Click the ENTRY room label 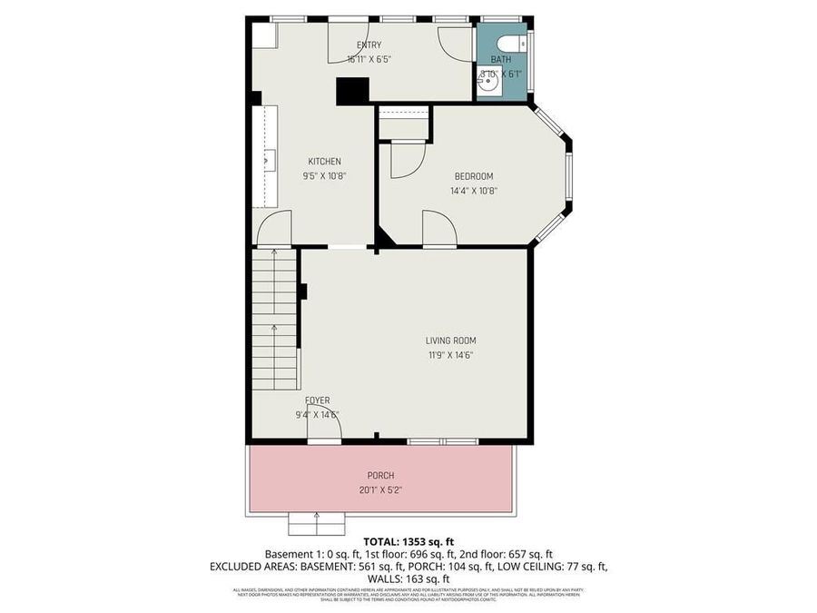coord(369,44)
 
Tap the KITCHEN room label coord(324,162)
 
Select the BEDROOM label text coord(473,176)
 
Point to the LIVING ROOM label coord(450,341)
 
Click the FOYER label coord(317,400)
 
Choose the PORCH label coord(380,475)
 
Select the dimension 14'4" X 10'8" coord(473,191)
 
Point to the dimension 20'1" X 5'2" coord(380,489)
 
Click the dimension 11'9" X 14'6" coord(450,355)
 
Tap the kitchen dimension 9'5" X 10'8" coord(324,176)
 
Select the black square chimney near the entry coord(352,91)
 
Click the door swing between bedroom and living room coord(438,229)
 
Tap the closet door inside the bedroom coord(406,159)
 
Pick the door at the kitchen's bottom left coord(273,230)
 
